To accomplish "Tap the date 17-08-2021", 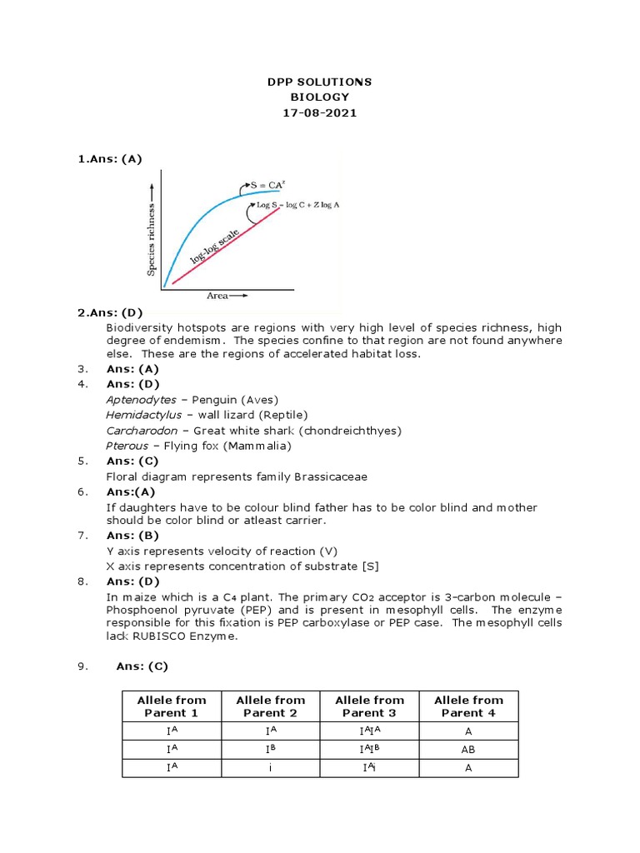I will [320, 112].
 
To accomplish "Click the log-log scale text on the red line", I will [216, 247].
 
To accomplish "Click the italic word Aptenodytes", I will [141, 400].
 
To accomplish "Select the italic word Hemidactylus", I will [143, 415].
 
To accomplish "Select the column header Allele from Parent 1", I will [172, 706].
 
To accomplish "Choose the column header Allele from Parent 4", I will [468, 706].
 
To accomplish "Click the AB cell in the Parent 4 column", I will [468, 749].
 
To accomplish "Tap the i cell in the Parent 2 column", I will [271, 768].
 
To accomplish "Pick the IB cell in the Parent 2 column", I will [271, 749].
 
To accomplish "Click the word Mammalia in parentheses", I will [262, 446].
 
